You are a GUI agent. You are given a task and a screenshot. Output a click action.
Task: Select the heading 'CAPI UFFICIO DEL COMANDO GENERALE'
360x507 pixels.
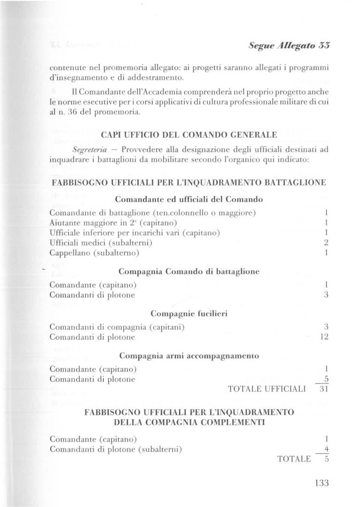click(189, 134)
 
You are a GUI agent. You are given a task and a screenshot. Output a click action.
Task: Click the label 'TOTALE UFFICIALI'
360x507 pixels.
click(267, 389)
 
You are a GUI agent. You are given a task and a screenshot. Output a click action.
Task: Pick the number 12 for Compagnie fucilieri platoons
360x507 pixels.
click(324, 337)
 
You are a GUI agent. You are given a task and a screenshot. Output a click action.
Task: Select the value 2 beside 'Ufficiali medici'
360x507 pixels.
click(326, 243)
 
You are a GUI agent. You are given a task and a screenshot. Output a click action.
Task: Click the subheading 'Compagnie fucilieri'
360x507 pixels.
click(189, 314)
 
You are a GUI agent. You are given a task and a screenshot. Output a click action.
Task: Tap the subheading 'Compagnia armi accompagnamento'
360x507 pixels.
click(189, 356)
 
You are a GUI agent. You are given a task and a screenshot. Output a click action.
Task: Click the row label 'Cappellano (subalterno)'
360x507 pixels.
click(94, 253)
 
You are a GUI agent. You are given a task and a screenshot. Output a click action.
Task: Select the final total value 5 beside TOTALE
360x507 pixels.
click(327, 459)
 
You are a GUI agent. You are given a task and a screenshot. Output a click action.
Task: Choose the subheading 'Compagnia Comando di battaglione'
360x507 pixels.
click(189, 271)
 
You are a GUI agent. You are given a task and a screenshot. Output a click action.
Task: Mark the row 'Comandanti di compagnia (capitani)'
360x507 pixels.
click(117, 327)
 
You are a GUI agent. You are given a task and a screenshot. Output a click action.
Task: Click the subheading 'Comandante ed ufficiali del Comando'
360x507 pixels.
click(189, 199)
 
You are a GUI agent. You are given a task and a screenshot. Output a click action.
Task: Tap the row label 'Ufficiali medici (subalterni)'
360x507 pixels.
click(101, 243)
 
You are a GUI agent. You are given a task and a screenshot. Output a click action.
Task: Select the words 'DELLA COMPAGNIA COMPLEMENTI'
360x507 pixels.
click(189, 422)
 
